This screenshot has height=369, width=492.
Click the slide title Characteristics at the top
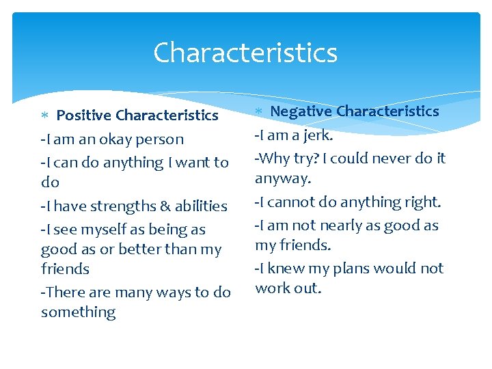pos(245,53)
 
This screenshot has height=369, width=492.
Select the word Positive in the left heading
pos(84,115)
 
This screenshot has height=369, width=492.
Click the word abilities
pos(200,206)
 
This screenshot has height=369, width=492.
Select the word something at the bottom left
pos(78,312)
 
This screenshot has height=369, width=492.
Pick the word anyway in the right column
pos(282,178)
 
